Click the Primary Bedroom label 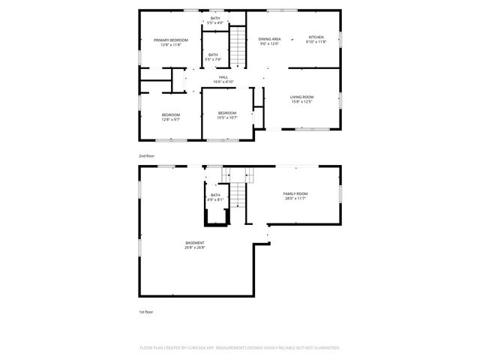click(x=170, y=40)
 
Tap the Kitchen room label click(x=316, y=37)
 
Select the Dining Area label click(x=269, y=38)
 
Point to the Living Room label click(x=301, y=97)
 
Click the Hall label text click(x=223, y=77)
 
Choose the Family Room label click(x=295, y=193)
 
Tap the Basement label click(x=195, y=243)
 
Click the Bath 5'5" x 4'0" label click(x=214, y=18)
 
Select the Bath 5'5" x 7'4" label click(x=213, y=55)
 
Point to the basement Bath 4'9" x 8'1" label click(x=215, y=195)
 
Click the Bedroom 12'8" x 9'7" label click(x=171, y=115)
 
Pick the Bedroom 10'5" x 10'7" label click(x=226, y=112)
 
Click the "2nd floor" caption click(x=145, y=155)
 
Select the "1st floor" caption click(x=145, y=311)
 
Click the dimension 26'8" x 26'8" click(x=195, y=247)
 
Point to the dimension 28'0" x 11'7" click(x=295, y=198)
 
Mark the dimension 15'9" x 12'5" click(x=301, y=102)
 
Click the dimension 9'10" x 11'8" click(x=316, y=42)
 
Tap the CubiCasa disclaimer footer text click(x=240, y=348)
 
